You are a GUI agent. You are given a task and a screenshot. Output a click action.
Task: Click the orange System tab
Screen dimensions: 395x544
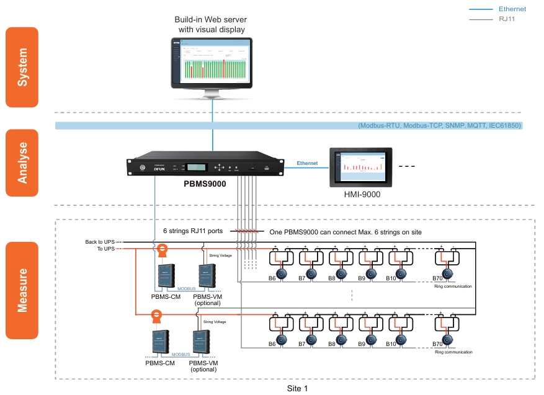[22, 67]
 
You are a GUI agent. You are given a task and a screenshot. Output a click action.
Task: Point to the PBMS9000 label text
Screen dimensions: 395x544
[204, 184]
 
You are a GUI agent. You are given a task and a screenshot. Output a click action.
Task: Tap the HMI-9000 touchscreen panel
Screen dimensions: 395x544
[362, 167]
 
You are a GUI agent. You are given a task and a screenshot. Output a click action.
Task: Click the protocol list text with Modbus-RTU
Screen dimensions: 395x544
[440, 126]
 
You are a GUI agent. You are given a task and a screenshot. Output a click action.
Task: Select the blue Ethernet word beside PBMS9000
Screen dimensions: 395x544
[307, 163]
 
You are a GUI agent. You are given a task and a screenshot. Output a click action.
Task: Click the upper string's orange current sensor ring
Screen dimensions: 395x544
[163, 249]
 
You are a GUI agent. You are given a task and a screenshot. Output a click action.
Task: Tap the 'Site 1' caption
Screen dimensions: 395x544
[297, 388]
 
